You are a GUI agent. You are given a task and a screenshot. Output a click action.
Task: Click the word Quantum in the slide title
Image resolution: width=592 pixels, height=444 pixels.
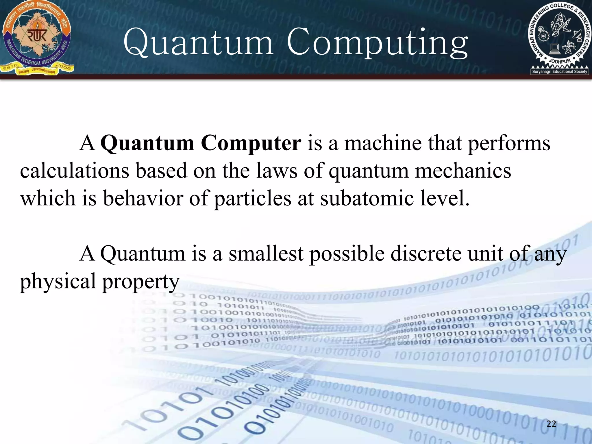(x=198, y=43)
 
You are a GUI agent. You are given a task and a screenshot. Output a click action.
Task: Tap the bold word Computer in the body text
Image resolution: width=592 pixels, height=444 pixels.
(x=251, y=143)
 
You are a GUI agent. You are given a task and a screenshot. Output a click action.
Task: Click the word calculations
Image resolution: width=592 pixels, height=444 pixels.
(x=75, y=171)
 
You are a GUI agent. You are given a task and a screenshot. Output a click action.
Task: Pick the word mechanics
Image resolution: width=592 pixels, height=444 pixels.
(x=463, y=171)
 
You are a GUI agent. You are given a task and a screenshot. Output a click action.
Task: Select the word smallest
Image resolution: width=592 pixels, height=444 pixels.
(x=266, y=254)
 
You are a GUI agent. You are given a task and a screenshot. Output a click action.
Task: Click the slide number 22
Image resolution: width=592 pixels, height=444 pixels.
(x=551, y=424)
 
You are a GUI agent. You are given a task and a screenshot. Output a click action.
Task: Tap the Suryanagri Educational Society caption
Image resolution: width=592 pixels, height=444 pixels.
(x=560, y=71)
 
